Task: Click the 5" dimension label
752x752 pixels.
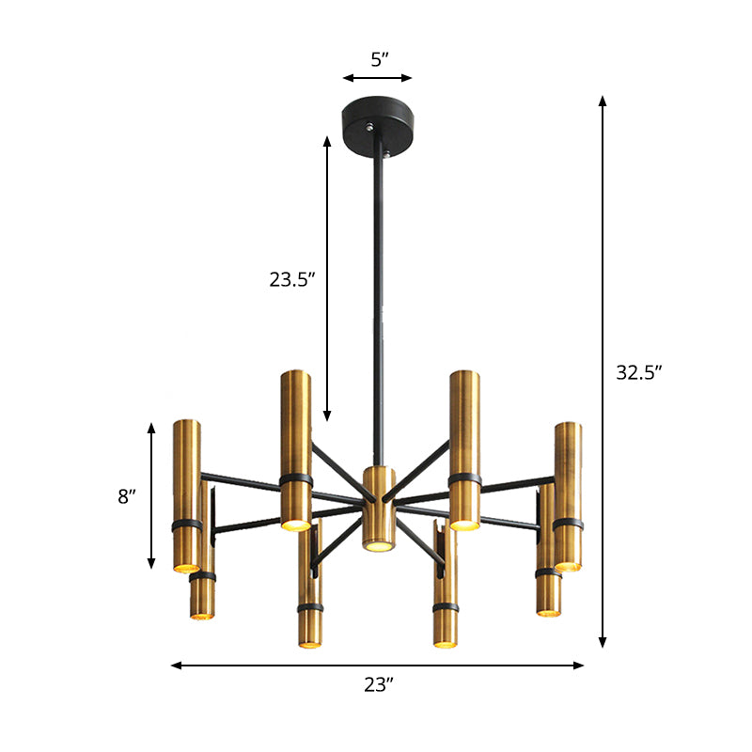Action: coord(378,60)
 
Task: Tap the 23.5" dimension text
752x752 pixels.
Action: coord(291,278)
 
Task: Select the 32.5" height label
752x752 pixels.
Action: coord(639,371)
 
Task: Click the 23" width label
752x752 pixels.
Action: coord(377,685)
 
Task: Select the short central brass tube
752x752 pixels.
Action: coord(378,508)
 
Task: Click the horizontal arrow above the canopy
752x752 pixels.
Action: coord(378,78)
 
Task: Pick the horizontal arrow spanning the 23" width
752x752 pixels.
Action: coord(377,666)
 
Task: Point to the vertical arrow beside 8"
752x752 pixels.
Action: coord(151,495)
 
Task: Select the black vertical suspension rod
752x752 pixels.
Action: coord(381,301)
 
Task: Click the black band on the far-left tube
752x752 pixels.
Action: coord(186,525)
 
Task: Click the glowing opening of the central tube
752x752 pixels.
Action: coord(378,544)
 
